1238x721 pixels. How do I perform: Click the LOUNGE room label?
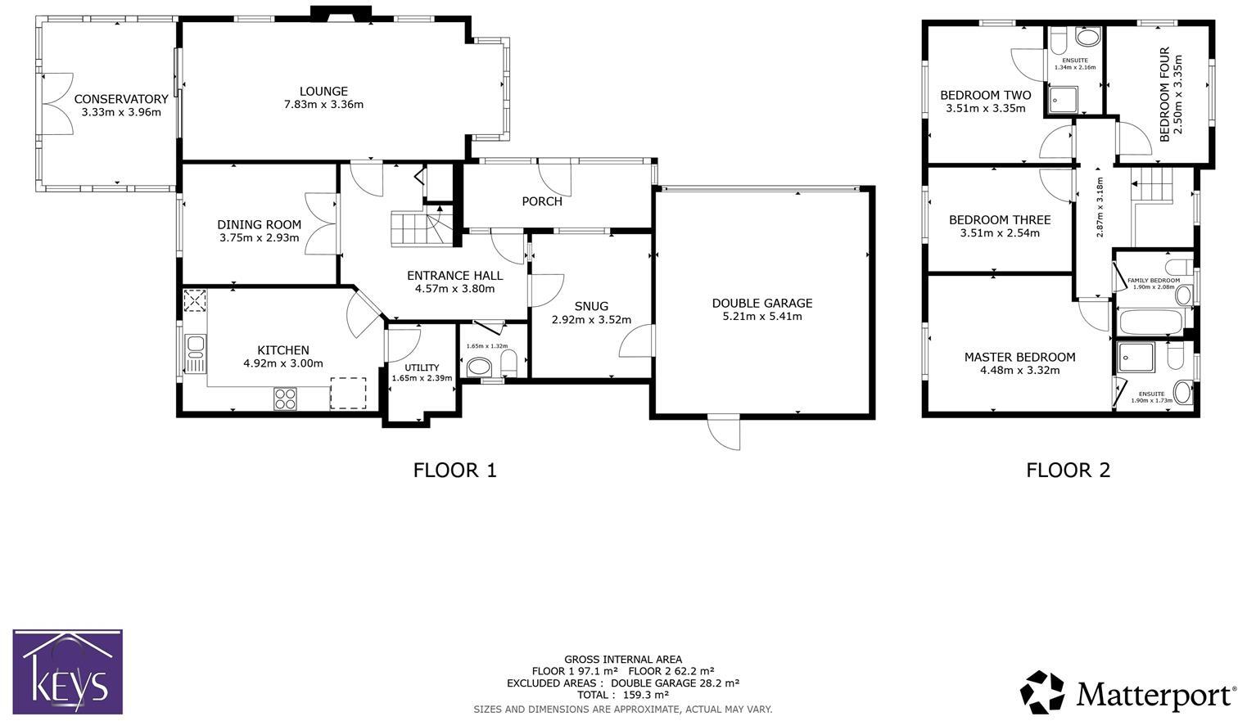pos(324,91)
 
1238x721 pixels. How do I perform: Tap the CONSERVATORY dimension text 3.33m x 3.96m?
pos(121,112)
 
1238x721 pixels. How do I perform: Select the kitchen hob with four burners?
pos(285,399)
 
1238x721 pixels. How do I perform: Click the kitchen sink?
pos(195,354)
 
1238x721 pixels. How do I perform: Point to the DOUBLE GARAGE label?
pos(762,303)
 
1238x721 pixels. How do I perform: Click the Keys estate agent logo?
pos(68,672)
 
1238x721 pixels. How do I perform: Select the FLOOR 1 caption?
pos(455,471)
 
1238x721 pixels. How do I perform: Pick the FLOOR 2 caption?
pos(1068,471)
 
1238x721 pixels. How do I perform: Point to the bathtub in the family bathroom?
pos(1150,322)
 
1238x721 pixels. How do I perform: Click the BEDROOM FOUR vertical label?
pos(1164,94)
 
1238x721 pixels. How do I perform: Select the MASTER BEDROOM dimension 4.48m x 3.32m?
pos(1019,370)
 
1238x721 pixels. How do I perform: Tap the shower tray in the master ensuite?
pos(1136,358)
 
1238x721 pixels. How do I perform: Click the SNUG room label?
pos(591,306)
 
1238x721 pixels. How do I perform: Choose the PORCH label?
pos(542,201)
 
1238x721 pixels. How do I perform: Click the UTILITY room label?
pos(422,367)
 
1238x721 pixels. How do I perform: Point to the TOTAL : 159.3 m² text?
pos(623,695)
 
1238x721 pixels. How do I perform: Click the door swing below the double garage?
pos(724,433)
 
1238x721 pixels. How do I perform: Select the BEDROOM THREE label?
pos(1000,220)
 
